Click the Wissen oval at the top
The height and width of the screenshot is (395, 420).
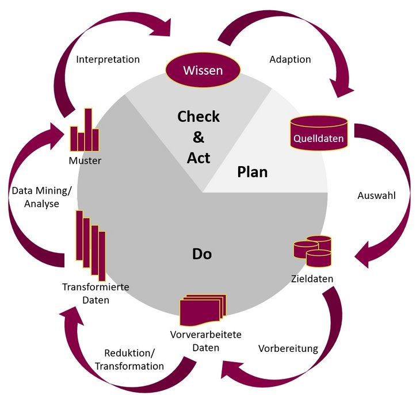point(203,71)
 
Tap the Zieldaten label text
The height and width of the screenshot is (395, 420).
point(312,279)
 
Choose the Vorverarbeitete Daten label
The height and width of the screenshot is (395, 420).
point(205,341)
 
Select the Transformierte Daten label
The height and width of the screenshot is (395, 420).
point(95,293)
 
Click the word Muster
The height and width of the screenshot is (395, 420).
point(85,160)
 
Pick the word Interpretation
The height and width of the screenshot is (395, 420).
point(108,59)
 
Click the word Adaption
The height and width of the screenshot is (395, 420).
point(290,59)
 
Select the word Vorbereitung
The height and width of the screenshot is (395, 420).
point(288,348)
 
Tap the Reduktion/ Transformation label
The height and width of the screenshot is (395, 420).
point(129,359)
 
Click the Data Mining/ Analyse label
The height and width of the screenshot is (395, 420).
point(35,197)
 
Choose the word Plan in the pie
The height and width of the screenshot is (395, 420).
point(253,171)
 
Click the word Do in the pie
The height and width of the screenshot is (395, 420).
point(201,253)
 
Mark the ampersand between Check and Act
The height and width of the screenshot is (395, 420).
point(198,137)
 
